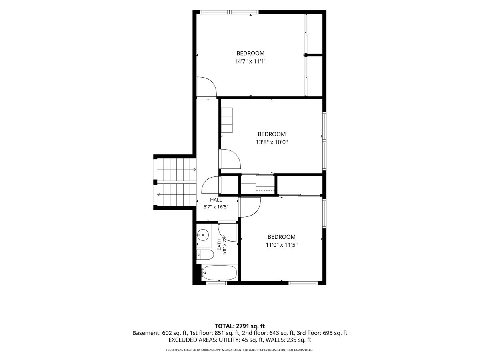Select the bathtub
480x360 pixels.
pyautogui.click(x=219, y=272)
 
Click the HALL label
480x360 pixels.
pyautogui.click(x=216, y=200)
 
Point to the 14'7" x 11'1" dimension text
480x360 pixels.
pyautogui.click(x=250, y=62)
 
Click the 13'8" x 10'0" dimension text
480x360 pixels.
pyautogui.click(x=272, y=142)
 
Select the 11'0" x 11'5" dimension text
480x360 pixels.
pyautogui.click(x=282, y=245)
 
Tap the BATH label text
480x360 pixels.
pyautogui.click(x=219, y=244)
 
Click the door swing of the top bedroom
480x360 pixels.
pyautogui.click(x=207, y=86)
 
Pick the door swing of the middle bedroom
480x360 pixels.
pyautogui.click(x=230, y=159)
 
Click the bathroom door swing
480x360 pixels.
pyautogui.click(x=227, y=232)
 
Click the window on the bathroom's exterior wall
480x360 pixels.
pyautogui.click(x=216, y=283)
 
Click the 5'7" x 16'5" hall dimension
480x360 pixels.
pyautogui.click(x=216, y=207)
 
